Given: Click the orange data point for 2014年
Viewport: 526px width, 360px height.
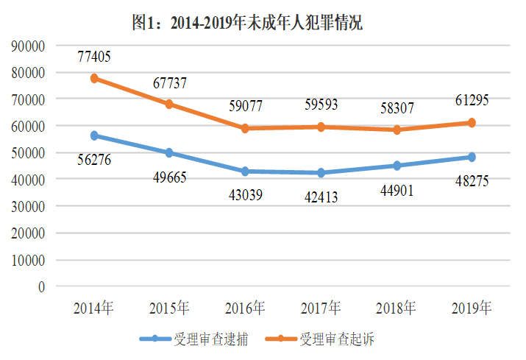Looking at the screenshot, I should coord(94,78).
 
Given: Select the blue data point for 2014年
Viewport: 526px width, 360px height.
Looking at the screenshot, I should coord(94,135).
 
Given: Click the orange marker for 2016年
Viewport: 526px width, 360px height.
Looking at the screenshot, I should coord(245,128).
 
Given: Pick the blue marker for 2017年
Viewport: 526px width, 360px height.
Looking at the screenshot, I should coord(320,173).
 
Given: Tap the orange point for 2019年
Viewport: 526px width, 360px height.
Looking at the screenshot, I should coord(472,122).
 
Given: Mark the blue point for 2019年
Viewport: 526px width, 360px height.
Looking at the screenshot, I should coord(472,157).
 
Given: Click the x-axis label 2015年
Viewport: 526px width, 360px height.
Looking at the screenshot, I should coord(168,307).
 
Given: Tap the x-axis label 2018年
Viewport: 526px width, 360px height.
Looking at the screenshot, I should coord(395,307).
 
